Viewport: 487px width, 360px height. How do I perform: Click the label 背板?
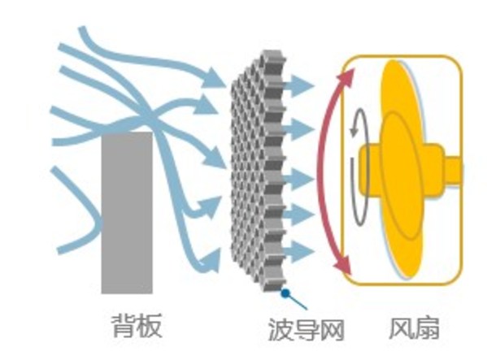[137, 327]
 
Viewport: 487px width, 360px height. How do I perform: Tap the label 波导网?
[306, 329]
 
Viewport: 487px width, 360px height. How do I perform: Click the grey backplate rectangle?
[126, 212]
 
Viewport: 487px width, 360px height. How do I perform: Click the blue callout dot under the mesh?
[285, 293]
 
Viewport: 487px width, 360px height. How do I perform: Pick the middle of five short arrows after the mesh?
[302, 176]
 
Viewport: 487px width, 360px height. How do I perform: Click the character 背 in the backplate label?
[124, 327]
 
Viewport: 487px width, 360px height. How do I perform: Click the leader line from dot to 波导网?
[295, 301]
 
